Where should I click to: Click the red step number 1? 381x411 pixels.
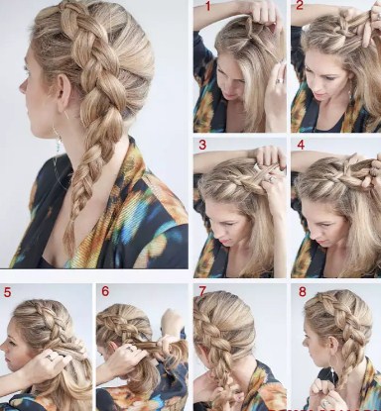(x=208, y=6)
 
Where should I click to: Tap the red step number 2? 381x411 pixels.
(x=300, y=5)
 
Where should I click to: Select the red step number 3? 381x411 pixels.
(x=202, y=145)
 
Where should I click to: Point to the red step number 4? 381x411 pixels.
(x=301, y=145)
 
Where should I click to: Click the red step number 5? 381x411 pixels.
(x=7, y=292)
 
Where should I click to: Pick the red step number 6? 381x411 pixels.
(x=105, y=291)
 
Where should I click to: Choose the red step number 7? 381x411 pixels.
(x=202, y=291)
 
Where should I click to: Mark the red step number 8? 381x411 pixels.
(x=303, y=292)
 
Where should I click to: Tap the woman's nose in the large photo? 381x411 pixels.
(x=23, y=86)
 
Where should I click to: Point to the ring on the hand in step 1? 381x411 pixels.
(x=280, y=81)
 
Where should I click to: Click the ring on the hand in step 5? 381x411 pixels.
(x=49, y=358)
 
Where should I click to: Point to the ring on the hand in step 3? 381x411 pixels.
(x=272, y=179)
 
